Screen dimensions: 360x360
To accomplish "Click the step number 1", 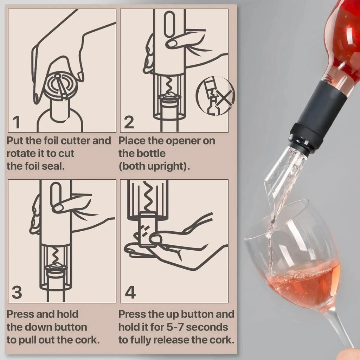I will pyautogui.click(x=16, y=122).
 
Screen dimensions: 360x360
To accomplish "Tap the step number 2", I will pyautogui.click(x=129, y=122).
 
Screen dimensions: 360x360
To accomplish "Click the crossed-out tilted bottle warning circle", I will pyautogui.click(x=215, y=96).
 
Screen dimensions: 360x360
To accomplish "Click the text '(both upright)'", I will pyautogui.click(x=154, y=166).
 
